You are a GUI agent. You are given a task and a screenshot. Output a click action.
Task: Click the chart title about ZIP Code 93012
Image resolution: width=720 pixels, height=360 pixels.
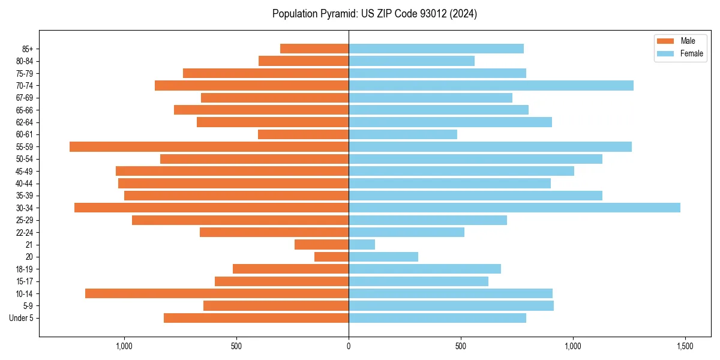click(x=374, y=14)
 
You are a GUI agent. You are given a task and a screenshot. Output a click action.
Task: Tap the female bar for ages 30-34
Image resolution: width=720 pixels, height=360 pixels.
click(x=514, y=208)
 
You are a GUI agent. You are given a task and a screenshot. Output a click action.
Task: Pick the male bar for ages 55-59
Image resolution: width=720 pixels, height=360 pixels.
click(x=209, y=146)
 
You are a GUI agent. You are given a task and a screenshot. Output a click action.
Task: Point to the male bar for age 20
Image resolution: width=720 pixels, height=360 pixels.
click(x=331, y=257)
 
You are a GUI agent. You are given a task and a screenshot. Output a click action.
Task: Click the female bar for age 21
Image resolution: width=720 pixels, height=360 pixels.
click(x=362, y=244)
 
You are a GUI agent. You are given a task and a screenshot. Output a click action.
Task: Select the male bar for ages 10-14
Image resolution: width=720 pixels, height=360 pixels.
click(x=217, y=293)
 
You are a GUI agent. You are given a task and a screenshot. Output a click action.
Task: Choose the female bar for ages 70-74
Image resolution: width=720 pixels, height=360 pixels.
click(x=491, y=85)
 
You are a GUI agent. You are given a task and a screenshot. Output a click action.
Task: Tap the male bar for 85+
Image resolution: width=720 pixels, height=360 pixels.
click(x=314, y=49)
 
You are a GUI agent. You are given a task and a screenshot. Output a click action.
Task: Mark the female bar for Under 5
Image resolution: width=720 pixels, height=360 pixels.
click(x=437, y=318)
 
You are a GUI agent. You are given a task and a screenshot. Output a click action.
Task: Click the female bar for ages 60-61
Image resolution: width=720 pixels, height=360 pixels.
click(x=403, y=134)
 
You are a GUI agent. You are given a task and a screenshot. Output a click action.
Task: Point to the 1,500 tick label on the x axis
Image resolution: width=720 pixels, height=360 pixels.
click(x=685, y=347)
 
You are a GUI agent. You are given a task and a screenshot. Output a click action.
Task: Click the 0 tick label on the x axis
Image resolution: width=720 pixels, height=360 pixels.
click(x=349, y=347)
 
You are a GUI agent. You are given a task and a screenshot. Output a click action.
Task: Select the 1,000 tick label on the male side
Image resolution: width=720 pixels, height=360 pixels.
click(x=124, y=347)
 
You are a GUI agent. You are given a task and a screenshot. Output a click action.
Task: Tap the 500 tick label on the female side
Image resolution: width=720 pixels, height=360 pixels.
click(x=461, y=347)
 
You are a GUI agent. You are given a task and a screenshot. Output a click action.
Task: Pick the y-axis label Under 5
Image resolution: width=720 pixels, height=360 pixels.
click(x=22, y=318)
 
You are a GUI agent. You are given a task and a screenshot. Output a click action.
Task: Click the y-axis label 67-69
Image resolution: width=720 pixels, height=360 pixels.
click(x=25, y=98)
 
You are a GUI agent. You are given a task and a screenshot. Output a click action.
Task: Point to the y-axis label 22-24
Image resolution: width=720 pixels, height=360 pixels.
click(x=25, y=232)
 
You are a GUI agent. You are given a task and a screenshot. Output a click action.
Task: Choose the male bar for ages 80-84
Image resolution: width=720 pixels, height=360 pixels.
click(x=304, y=61)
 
